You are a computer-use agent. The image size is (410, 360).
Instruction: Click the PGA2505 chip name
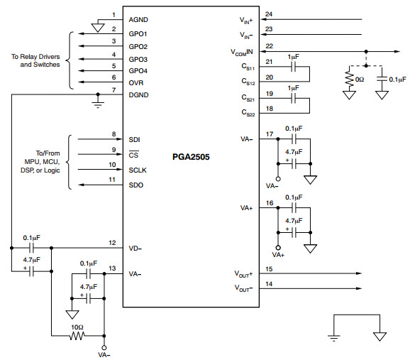pos(191,157)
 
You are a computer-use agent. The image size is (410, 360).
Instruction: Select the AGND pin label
pos(138,20)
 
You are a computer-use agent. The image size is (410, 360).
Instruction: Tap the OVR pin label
pos(136,83)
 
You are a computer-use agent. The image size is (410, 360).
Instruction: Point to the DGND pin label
pos(138,94)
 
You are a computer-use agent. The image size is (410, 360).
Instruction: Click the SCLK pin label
pos(138,170)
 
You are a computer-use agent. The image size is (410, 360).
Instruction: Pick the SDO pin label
pos(136,185)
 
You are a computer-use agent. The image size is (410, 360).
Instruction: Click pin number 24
pos(269,14)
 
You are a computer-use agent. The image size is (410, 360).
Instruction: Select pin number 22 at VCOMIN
pos(270,46)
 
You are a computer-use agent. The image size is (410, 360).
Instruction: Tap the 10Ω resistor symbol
pos(77,336)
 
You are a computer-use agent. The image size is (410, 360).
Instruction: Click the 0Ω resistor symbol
pos(349,78)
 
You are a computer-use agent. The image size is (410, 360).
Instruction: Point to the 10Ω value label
pos(77,327)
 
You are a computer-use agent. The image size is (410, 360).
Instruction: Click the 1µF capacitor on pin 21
pos(294,67)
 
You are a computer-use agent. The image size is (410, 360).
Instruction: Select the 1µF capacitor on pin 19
pos(294,99)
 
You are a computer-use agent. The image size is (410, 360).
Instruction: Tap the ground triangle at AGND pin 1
pos(98,28)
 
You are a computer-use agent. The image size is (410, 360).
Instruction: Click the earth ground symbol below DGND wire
pos(98,104)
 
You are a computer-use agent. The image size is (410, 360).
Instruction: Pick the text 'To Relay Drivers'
pos(35,57)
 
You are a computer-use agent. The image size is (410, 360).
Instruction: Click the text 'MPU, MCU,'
pos(42,162)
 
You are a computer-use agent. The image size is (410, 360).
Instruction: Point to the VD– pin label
pos(135,249)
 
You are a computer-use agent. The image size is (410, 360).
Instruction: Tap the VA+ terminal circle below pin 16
pos(278,248)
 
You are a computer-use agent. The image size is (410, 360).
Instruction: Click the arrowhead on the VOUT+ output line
pos(359,273)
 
